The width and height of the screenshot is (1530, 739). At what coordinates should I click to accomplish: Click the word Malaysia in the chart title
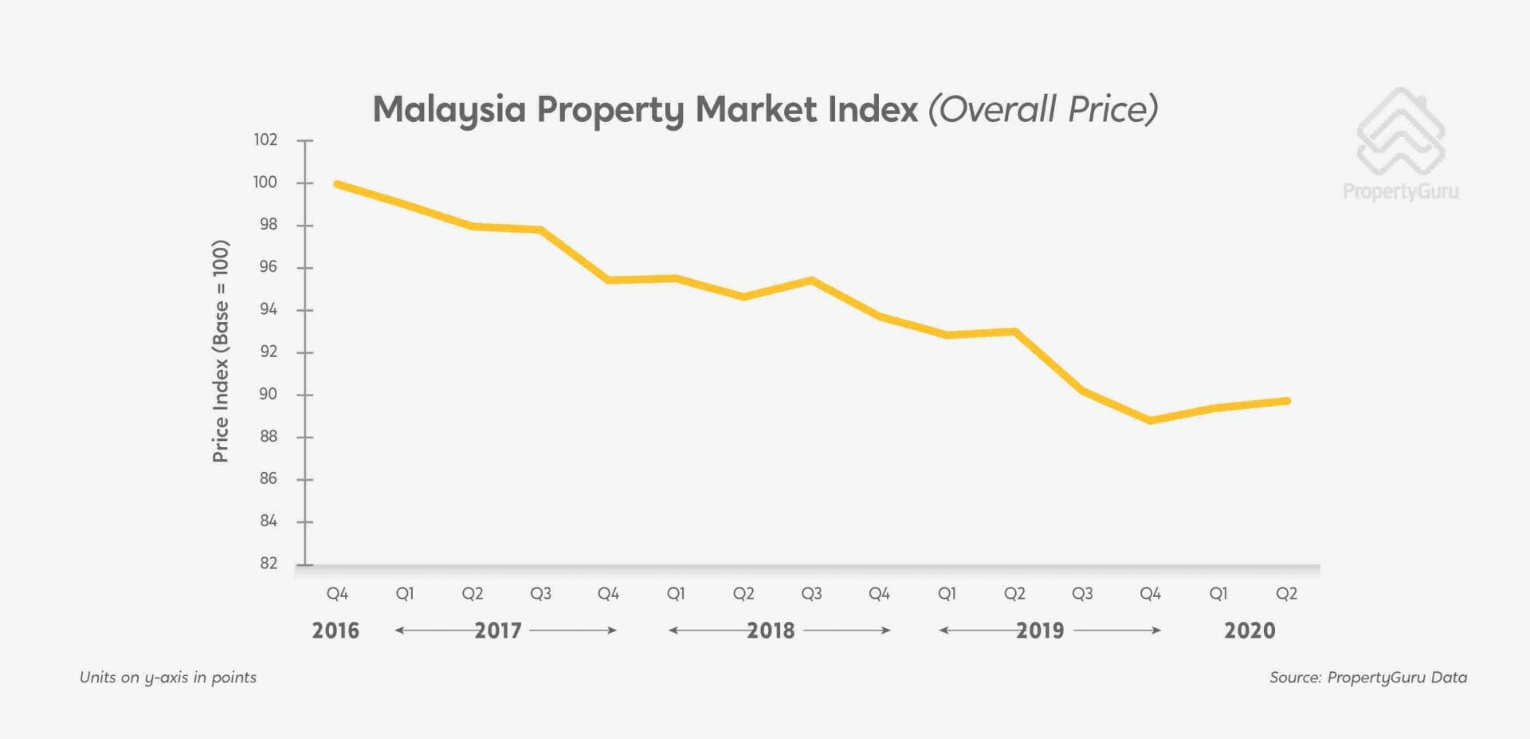click(449, 110)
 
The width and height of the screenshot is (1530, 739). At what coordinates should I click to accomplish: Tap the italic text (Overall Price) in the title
click(1042, 109)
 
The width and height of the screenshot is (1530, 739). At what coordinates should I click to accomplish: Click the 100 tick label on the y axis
click(265, 183)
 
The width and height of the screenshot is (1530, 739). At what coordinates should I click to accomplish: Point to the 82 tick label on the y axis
click(269, 564)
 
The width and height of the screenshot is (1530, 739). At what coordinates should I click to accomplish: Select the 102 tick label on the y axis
click(265, 140)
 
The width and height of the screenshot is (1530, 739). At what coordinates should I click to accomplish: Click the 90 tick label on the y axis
click(268, 395)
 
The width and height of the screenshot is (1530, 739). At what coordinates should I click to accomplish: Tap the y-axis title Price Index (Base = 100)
click(221, 351)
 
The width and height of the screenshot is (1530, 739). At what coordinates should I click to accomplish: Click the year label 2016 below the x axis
click(335, 631)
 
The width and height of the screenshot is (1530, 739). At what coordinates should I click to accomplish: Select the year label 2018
click(771, 631)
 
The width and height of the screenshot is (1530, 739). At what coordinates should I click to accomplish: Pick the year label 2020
click(1249, 631)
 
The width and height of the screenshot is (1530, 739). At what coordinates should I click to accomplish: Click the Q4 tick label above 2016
click(337, 594)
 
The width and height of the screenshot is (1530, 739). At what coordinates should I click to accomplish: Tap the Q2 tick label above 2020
click(1286, 594)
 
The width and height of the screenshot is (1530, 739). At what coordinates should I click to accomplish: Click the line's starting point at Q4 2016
click(337, 184)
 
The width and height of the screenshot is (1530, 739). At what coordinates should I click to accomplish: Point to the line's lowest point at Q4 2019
click(1151, 420)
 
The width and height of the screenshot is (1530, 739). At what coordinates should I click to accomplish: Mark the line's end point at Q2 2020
click(1286, 401)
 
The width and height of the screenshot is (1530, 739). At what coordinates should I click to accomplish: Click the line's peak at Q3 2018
click(811, 281)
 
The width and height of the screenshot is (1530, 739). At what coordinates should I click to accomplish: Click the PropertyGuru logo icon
click(1400, 132)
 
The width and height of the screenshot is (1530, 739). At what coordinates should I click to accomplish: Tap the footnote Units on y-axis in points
click(168, 678)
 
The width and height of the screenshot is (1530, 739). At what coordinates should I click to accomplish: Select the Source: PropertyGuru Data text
click(1367, 678)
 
